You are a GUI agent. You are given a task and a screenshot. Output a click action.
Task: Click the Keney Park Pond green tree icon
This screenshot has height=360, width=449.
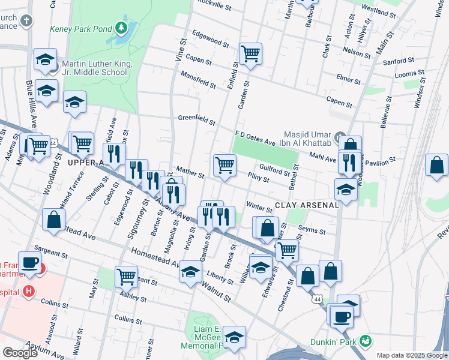click(x=122, y=27)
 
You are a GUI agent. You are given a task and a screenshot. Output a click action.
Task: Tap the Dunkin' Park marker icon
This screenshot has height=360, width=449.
click(x=364, y=341)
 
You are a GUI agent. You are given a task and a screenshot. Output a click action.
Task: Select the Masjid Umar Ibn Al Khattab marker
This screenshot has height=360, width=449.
click(x=340, y=136)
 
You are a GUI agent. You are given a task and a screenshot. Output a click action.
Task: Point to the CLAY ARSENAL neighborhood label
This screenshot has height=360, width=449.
click(x=307, y=205)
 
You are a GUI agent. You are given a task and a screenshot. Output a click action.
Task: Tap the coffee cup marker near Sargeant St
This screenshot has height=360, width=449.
click(x=29, y=262)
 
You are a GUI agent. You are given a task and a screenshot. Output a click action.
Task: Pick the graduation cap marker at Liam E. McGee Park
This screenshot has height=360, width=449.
click(x=234, y=336)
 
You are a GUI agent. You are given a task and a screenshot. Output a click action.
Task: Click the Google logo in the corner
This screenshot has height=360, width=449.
click(x=20, y=352)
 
